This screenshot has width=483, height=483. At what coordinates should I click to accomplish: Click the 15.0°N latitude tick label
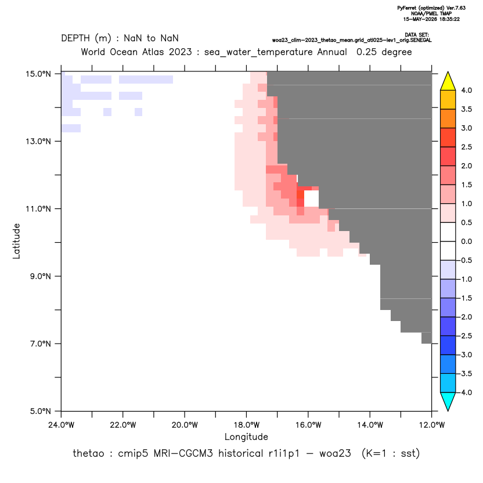(38, 74)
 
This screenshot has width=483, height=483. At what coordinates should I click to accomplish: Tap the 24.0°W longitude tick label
(62, 425)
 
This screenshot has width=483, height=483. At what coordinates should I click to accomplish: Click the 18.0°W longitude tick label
(246, 425)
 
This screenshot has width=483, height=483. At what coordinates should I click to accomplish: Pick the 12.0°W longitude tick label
(431, 425)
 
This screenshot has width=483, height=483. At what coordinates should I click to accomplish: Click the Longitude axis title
(246, 437)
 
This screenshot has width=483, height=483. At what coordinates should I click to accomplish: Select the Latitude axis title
(16, 241)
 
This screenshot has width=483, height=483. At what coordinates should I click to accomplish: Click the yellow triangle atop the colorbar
(448, 81)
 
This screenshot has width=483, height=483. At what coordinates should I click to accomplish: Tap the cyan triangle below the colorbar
(448, 402)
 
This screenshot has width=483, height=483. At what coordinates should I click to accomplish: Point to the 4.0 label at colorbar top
(466, 90)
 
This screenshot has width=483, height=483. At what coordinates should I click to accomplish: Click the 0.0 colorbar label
(466, 241)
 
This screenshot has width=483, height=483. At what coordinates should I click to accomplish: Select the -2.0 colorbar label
(465, 317)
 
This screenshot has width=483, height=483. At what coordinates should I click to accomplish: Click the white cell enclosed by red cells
(311, 199)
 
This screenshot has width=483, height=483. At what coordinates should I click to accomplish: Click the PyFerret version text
(431, 8)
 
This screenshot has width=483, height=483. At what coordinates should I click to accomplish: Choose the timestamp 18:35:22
(448, 19)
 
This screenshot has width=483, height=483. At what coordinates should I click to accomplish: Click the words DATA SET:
(416, 35)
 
